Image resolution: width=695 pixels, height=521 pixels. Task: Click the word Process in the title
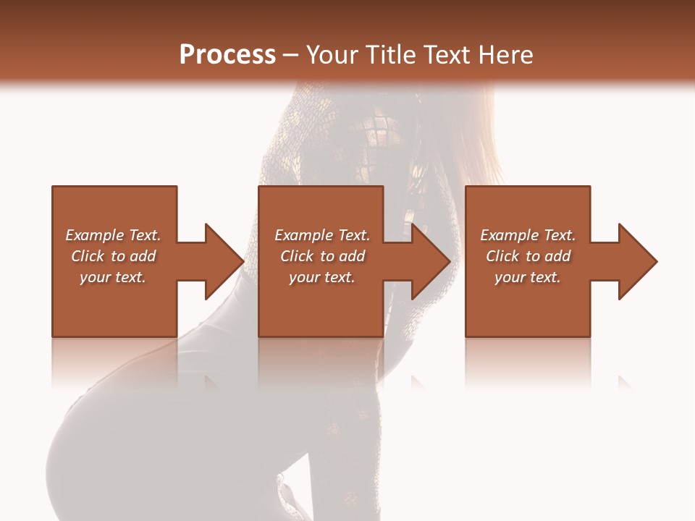[x=227, y=55]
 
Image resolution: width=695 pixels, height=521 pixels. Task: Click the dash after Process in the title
[x=291, y=56]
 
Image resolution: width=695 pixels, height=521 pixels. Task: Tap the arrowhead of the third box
[x=636, y=261]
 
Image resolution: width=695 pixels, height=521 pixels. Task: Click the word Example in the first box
[x=95, y=235]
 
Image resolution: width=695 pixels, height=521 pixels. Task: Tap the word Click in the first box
[x=88, y=256]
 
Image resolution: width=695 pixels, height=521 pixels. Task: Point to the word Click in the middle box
[x=297, y=256]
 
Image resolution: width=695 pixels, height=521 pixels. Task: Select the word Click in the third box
[x=502, y=256]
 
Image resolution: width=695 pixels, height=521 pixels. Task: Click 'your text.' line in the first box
[x=113, y=277]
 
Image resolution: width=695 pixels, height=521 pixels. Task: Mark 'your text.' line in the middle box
[x=322, y=277]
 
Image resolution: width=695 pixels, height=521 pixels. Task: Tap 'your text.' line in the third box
[x=528, y=277]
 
